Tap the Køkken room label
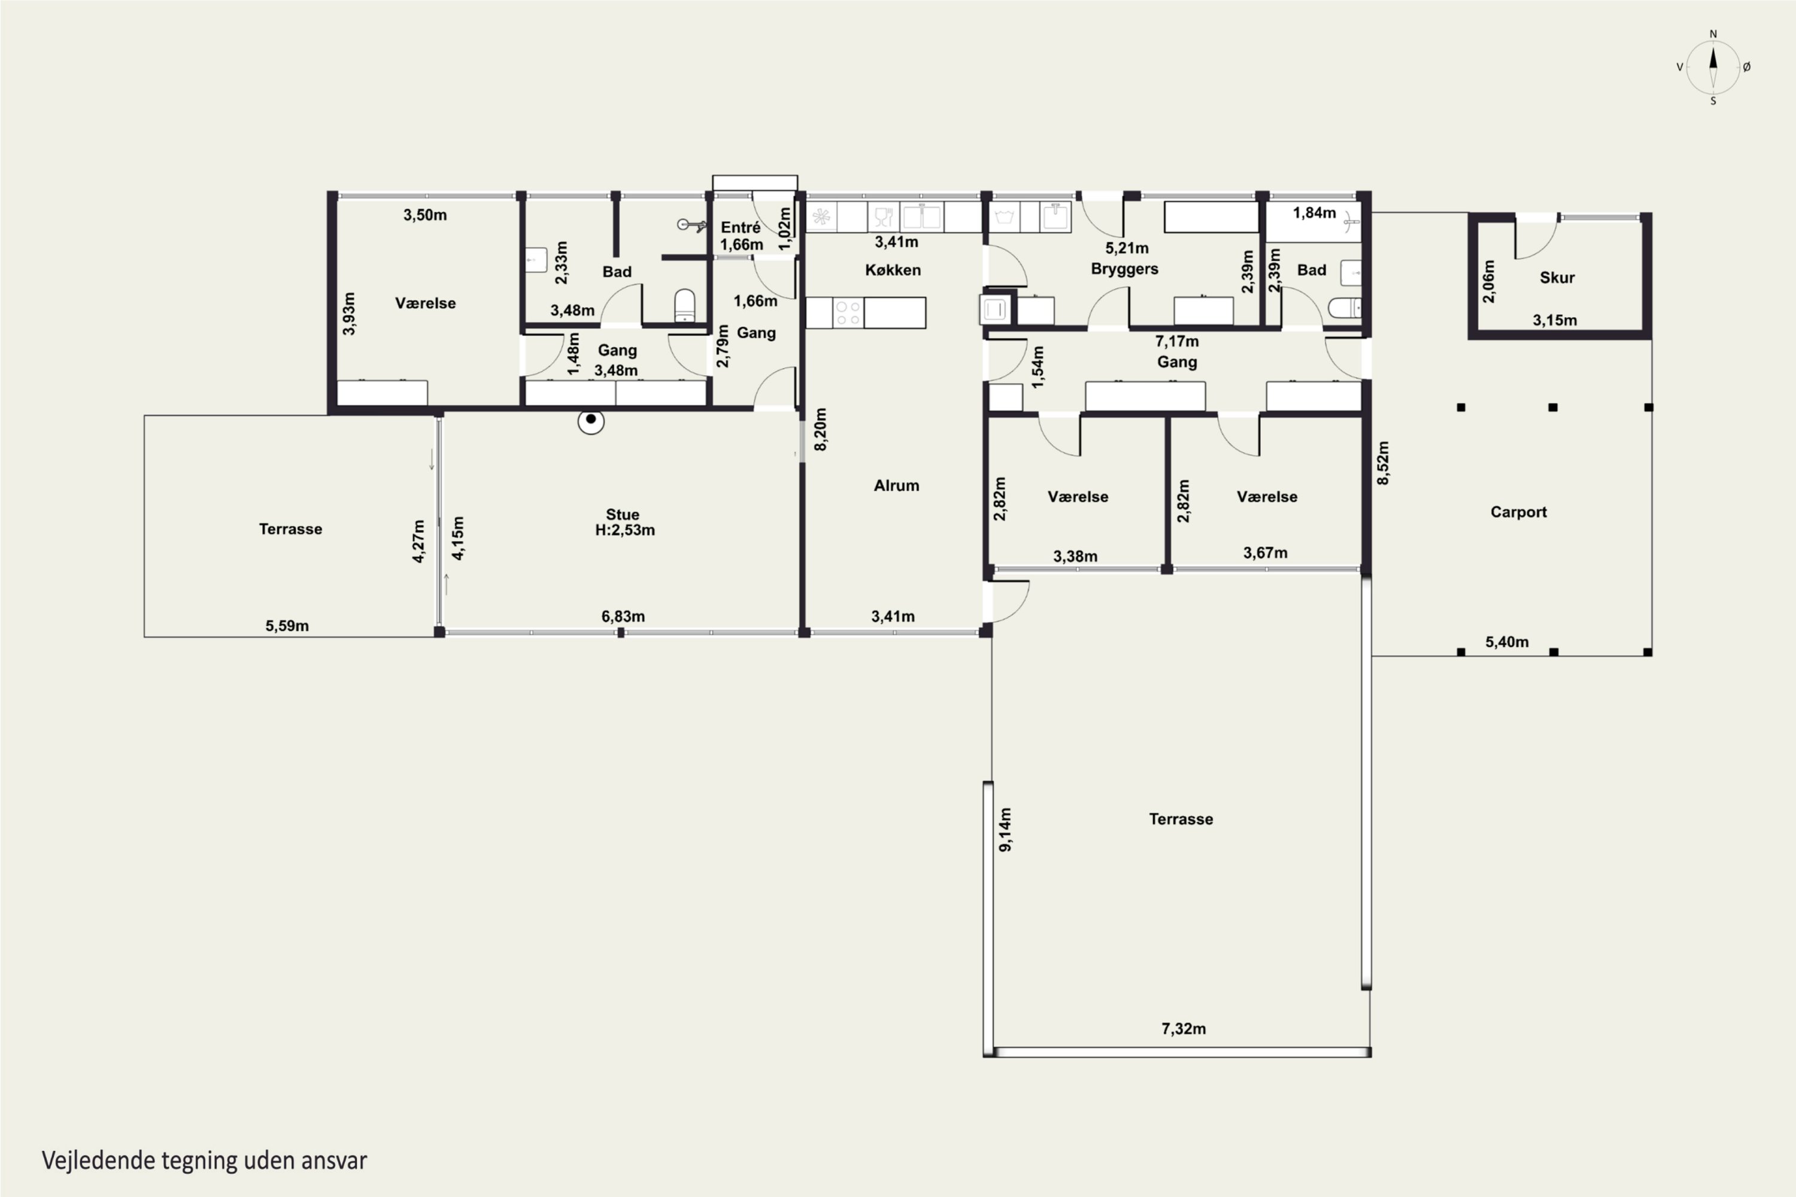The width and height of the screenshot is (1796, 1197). [x=893, y=271]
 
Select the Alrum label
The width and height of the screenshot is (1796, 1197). [x=896, y=485]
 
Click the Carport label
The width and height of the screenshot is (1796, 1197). [x=1518, y=512]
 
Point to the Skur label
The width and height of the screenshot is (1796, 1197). [x=1557, y=278]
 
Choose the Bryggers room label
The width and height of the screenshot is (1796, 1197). [x=1125, y=269]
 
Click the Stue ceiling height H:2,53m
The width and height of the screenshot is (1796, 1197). [x=624, y=530]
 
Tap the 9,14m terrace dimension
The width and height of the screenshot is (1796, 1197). [x=1005, y=830]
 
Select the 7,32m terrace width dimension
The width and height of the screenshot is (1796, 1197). [x=1184, y=1029]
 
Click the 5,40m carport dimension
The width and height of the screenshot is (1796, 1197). [x=1507, y=642]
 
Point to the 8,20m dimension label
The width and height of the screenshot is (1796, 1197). [x=820, y=430]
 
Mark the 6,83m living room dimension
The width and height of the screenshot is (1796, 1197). [x=623, y=617]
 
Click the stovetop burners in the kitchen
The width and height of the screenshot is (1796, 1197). [x=848, y=313]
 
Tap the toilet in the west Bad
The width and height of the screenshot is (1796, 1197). [x=685, y=305]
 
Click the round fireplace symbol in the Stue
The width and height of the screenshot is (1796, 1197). [x=590, y=421]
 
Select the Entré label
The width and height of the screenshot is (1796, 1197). [x=741, y=227]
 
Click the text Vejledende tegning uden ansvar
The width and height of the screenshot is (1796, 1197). [x=205, y=1160]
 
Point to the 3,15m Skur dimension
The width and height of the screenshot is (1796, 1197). [x=1555, y=321]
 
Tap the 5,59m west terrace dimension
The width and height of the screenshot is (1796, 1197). [x=287, y=626]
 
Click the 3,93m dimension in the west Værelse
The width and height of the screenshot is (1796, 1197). [x=349, y=314]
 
